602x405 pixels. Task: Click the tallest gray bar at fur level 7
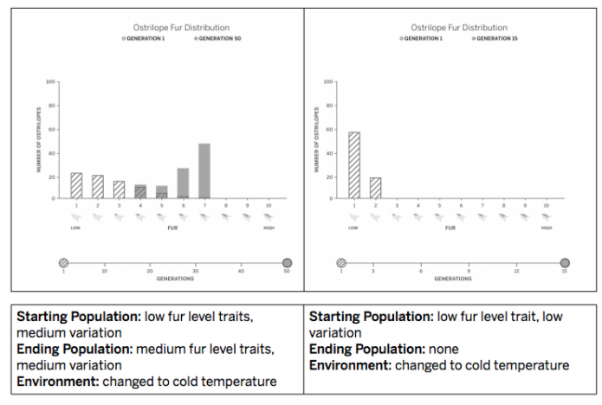pyautogui.click(x=204, y=171)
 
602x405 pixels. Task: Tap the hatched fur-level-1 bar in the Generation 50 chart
pyautogui.click(x=76, y=186)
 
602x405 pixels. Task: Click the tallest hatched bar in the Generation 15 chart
pyautogui.click(x=354, y=165)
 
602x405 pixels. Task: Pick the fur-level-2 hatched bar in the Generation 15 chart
pyautogui.click(x=376, y=188)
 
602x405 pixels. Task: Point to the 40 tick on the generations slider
pyautogui.click(x=241, y=271)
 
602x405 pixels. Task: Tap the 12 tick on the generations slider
pyautogui.click(x=516, y=271)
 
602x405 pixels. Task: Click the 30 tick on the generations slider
pyautogui.click(x=196, y=271)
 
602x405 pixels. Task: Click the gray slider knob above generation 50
pyautogui.click(x=287, y=262)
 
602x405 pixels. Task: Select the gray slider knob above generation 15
pyautogui.click(x=564, y=262)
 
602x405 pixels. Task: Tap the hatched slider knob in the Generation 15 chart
pyautogui.click(x=341, y=262)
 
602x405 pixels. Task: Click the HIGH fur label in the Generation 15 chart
pyautogui.click(x=546, y=228)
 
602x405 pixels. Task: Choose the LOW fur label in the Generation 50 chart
pyautogui.click(x=76, y=228)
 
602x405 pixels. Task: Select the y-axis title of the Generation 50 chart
pyautogui.click(x=39, y=140)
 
